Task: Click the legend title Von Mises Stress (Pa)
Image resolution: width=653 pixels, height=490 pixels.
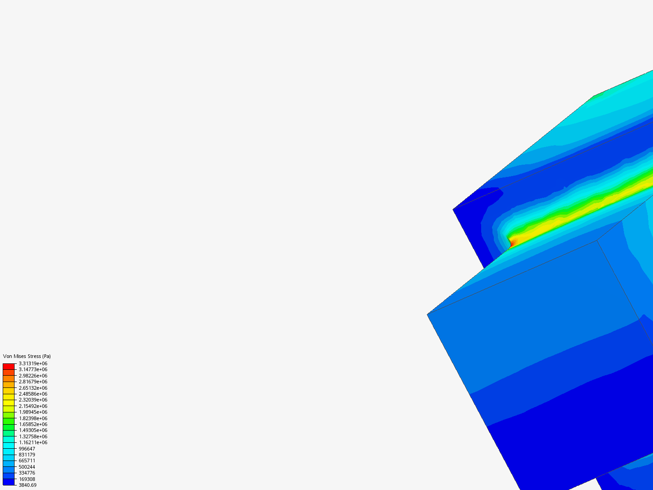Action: [x=27, y=356]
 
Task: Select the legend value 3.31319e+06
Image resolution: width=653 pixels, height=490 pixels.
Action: [x=33, y=363]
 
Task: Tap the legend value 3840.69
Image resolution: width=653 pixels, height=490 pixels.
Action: [x=28, y=485]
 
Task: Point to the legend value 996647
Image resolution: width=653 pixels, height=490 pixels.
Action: [x=27, y=449]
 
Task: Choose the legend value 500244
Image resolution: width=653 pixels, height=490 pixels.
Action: [x=27, y=467]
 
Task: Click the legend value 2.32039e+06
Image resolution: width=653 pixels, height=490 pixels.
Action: [x=33, y=400]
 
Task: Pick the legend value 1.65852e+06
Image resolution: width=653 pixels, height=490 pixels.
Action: [x=33, y=424]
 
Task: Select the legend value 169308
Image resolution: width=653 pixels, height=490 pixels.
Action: [x=27, y=479]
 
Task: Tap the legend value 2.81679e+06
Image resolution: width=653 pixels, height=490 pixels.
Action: [x=33, y=382]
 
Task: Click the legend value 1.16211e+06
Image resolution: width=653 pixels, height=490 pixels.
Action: [x=33, y=442]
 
